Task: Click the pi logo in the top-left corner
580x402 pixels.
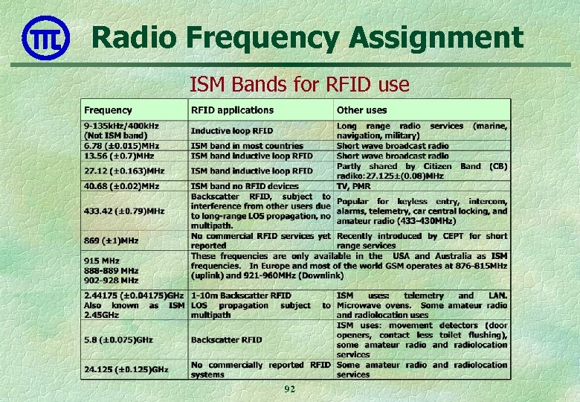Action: (x=45, y=38)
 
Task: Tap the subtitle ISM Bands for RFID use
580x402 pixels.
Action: (x=299, y=85)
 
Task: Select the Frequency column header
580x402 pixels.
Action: (x=108, y=110)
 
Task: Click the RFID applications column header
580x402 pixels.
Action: (x=232, y=110)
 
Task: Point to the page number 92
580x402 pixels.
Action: (x=289, y=389)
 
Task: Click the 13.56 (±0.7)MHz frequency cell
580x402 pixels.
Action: (x=119, y=156)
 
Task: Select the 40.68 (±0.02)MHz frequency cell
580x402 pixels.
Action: (x=121, y=185)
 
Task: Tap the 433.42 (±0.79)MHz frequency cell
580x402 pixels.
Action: (x=124, y=211)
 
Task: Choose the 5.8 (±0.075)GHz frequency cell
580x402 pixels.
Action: (x=118, y=339)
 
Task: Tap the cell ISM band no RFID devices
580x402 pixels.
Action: (x=245, y=185)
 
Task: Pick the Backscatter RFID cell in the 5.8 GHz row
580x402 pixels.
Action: (x=227, y=339)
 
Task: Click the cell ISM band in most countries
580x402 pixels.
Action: (x=247, y=146)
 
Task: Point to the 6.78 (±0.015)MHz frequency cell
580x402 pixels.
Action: (x=121, y=146)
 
